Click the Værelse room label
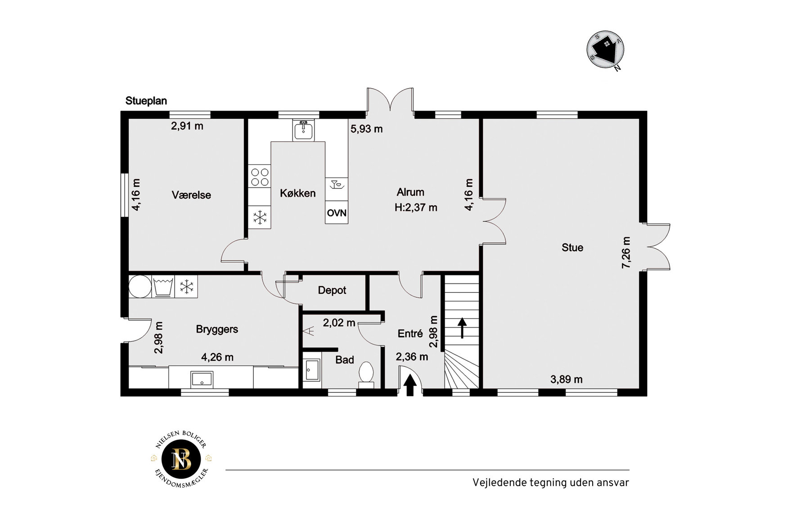(191, 195)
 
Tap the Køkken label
(297, 193)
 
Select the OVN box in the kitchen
(337, 212)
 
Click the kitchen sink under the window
(303, 130)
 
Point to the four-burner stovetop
(260, 177)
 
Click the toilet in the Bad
(366, 375)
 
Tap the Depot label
(332, 291)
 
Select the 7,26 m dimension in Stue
(626, 253)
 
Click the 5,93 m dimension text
(367, 129)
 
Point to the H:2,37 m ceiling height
(416, 208)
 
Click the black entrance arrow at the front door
(410, 386)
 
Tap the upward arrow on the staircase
(462, 328)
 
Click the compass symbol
(606, 50)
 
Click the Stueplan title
(146, 101)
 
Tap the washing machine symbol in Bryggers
(163, 287)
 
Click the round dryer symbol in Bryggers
(140, 287)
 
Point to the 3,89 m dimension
(567, 380)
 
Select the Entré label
(410, 334)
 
